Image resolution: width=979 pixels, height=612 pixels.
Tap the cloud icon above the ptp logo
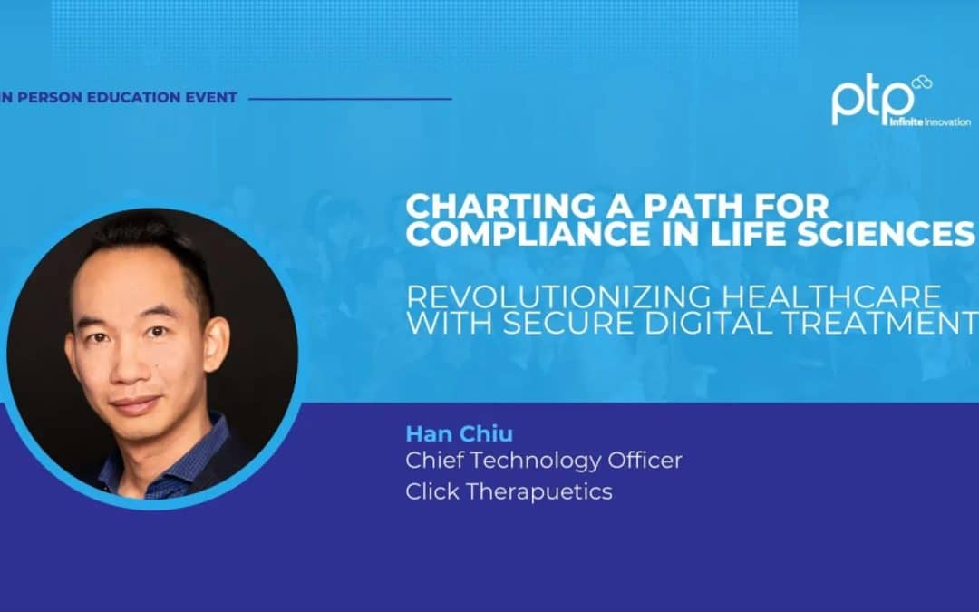[922, 83]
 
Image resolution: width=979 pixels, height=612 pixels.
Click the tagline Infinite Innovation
[929, 121]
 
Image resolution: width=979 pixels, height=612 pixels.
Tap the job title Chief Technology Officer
[544, 461]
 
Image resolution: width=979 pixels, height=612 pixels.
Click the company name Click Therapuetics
[509, 492]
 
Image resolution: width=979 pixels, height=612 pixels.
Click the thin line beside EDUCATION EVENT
[349, 98]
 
